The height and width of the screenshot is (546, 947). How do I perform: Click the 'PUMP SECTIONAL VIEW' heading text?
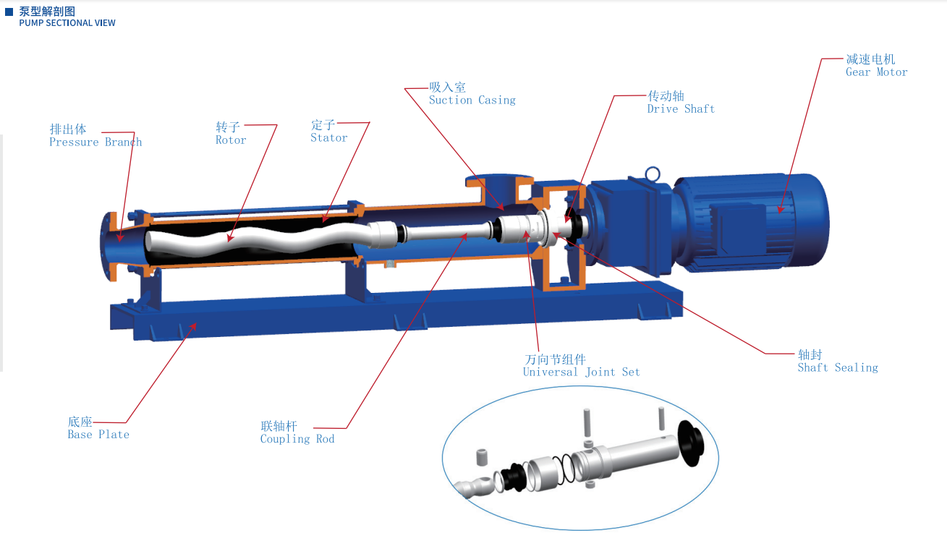pos(67,23)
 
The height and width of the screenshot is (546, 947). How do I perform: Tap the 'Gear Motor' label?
pos(876,72)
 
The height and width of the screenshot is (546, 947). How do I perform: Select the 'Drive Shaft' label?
pos(681,109)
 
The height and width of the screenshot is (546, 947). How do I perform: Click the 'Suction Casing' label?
pos(472,101)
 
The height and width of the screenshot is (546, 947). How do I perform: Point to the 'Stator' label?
pos(329,138)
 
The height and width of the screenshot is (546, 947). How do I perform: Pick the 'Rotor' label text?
pos(231,140)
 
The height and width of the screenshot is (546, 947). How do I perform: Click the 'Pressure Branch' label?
pos(95,142)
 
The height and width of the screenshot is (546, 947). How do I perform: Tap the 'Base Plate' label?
pos(98,435)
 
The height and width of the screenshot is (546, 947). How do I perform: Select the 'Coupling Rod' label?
pos(297,439)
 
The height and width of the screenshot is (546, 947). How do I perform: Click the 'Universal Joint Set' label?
pos(581,372)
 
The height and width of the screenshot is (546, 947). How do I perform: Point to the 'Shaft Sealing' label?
pos(838,368)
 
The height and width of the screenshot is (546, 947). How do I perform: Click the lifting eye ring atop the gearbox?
pos(653,174)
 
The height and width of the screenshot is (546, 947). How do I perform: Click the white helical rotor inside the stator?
pos(239,239)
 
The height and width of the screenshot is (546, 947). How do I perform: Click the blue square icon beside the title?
pos(9,12)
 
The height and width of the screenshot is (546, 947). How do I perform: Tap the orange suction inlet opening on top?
pos(498,181)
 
